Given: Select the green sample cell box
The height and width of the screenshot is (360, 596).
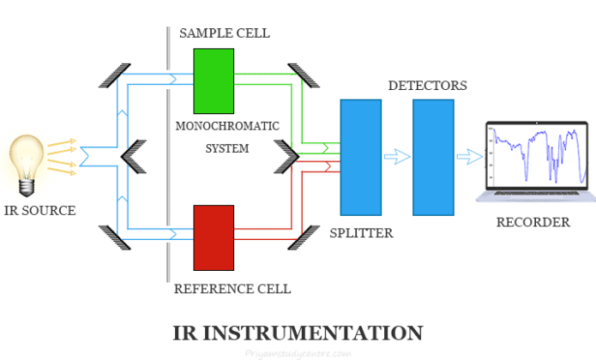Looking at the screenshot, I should [214, 81].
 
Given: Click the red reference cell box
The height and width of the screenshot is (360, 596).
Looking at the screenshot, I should [214, 237].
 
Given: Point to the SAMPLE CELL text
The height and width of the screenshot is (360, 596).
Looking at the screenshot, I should [225, 33].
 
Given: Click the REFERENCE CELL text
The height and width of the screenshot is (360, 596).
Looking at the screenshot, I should [232, 289].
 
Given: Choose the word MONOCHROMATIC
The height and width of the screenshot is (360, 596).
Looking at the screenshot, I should [227, 126].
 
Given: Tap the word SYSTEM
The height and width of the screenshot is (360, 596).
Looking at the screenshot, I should [227, 148].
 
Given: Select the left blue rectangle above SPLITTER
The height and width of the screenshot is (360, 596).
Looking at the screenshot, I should [361, 157].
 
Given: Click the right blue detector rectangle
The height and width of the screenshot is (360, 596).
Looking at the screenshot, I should [433, 157].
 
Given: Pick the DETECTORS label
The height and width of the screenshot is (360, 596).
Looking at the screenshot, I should [428, 86].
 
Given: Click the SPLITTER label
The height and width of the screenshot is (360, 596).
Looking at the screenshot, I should [361, 232].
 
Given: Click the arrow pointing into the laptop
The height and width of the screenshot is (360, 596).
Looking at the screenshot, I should [469, 156].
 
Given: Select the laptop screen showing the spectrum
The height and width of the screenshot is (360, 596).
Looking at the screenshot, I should [536, 154].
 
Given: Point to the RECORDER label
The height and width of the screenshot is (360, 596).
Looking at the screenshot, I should [533, 222].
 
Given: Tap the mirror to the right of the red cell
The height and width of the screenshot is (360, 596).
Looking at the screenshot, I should [303, 237].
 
